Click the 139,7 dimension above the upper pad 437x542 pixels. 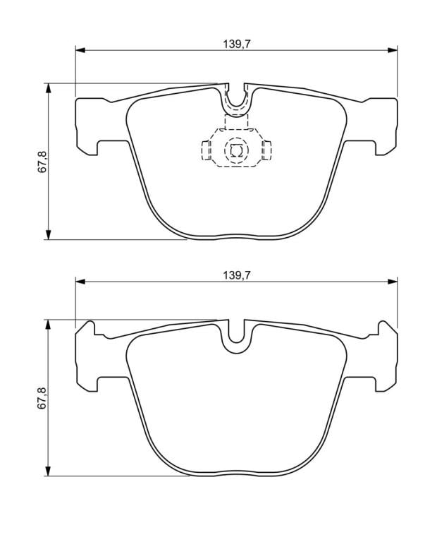236,44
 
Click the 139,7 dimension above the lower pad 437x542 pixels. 236,275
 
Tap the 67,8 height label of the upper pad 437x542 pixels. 42,162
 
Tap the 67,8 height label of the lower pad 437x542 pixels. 42,399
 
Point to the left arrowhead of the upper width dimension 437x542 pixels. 80,51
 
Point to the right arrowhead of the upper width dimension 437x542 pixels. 393,51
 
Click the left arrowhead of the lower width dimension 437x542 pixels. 80,282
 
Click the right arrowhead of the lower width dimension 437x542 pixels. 393,282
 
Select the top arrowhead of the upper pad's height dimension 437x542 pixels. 49,88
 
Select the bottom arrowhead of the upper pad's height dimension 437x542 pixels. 49,234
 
